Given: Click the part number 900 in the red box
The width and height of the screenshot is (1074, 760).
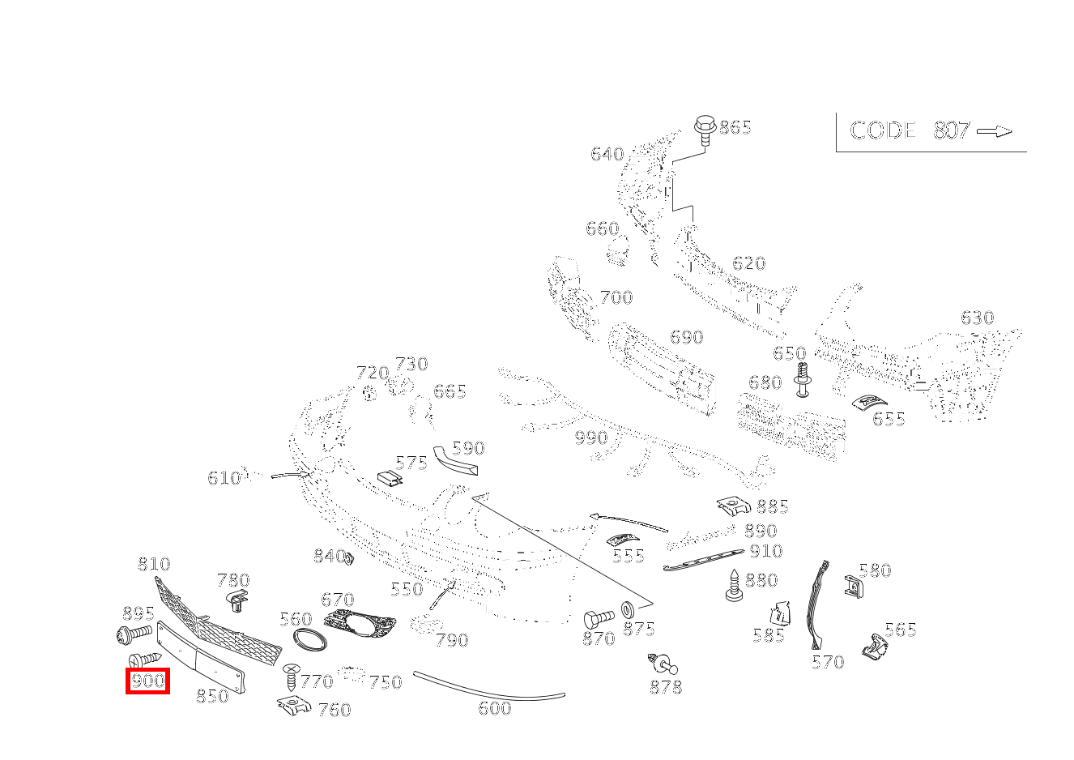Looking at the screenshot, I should tap(147, 681).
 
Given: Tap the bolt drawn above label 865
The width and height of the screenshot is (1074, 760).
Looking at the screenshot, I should tap(704, 130).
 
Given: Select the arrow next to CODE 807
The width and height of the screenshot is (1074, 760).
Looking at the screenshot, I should tap(994, 131).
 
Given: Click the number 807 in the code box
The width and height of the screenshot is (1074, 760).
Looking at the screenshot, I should tap(952, 130).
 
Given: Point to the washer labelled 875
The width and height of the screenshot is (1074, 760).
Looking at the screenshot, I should tap(628, 608).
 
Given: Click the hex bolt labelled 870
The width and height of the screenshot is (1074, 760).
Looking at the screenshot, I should tap(599, 620).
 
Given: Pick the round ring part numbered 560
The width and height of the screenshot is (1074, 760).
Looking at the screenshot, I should tap(309, 639).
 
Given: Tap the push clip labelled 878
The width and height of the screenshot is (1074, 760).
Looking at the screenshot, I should tap(663, 665).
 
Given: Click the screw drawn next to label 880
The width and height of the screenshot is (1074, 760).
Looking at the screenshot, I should tap(733, 586).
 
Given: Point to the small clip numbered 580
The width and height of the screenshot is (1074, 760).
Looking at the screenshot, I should tap(852, 584).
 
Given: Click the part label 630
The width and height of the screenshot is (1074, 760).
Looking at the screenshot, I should tap(977, 318).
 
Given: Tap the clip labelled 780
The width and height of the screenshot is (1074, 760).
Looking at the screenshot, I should tap(234, 601).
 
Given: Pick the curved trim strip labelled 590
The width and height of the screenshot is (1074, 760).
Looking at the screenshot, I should tap(456, 459).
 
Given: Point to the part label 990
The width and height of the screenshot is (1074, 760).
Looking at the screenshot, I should tap(590, 438).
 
